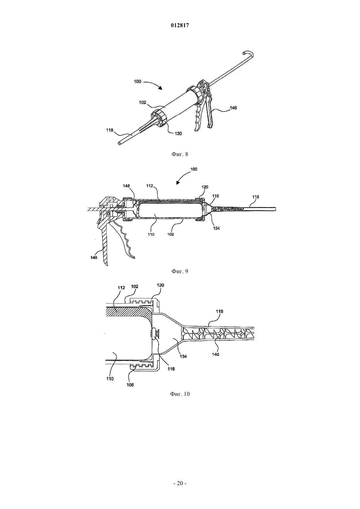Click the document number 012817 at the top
pos(180,26)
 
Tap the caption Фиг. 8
pos(180,154)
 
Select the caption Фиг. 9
pos(180,271)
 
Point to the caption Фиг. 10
pos(180,394)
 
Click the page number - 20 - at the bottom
pos(180,483)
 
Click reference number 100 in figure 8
pos(138,81)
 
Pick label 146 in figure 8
pos(233,108)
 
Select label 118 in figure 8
pos(110,130)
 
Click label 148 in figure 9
pos(126,186)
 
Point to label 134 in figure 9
pos(216,228)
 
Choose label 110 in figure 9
pos(151,234)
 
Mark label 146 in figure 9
pos(94,257)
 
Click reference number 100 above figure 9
pos(194,169)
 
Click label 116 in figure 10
pos(171,369)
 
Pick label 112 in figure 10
pos(121,288)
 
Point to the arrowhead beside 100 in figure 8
pos(160,88)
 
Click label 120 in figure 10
pos(160,285)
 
